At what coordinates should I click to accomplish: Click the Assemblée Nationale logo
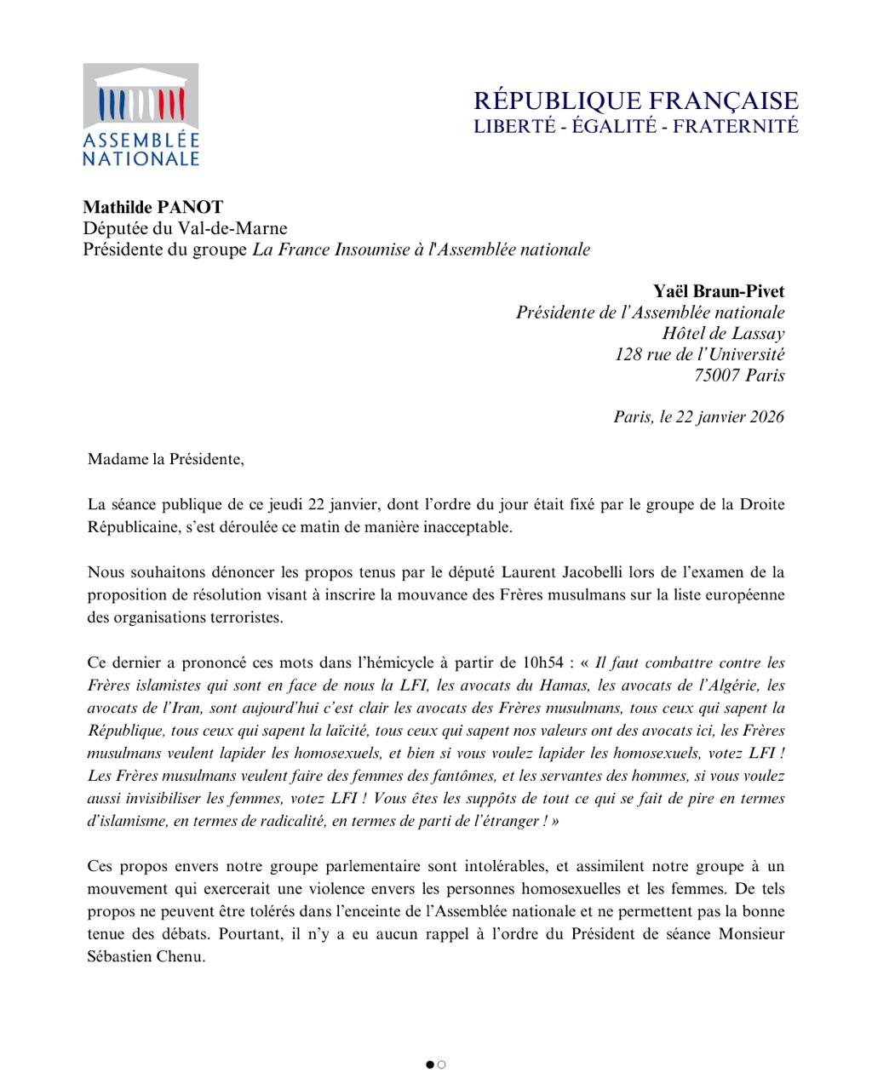coord(141,114)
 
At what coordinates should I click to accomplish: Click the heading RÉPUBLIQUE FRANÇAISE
coord(636,100)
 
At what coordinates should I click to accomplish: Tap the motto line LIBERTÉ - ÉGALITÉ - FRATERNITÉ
coord(636,126)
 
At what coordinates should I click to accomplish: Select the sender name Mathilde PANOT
coord(153,207)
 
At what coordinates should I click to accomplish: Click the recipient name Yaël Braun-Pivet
coord(719,291)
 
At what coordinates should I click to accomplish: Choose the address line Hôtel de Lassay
coord(723,333)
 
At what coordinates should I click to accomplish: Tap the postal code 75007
coord(717,375)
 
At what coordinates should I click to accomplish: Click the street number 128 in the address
coord(629,354)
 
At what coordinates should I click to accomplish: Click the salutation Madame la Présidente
coord(165,459)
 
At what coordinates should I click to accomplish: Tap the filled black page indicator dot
coord(430,1064)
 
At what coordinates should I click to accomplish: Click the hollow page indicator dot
coord(442,1064)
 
